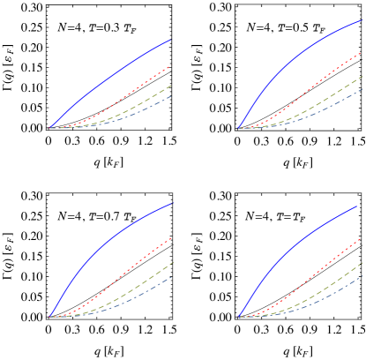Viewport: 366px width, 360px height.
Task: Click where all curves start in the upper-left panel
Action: [x=50, y=128]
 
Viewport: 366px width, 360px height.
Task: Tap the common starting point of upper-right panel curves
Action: [x=238, y=128]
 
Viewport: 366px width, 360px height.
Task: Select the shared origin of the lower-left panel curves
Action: [x=50, y=316]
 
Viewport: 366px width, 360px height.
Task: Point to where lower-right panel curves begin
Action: [x=238, y=316]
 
